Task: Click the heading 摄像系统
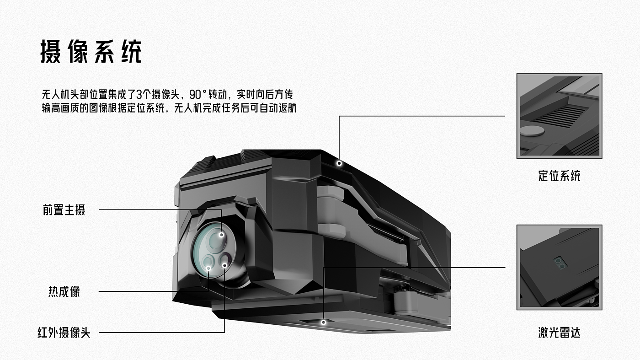coord(91,52)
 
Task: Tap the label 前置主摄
coord(64,210)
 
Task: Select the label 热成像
coord(64,291)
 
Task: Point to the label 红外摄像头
coord(64,333)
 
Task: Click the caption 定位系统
coord(559,176)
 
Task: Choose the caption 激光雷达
coord(559,333)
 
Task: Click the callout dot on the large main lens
coord(221,235)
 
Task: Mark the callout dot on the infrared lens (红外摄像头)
coord(224,264)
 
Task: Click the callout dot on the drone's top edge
coord(339,163)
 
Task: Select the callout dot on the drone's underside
coord(323,322)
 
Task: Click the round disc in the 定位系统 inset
coord(532,131)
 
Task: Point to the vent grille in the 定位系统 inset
coord(560,116)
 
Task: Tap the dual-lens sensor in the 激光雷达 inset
coord(559,262)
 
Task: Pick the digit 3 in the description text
coord(139,95)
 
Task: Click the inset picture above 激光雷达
coord(559,267)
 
